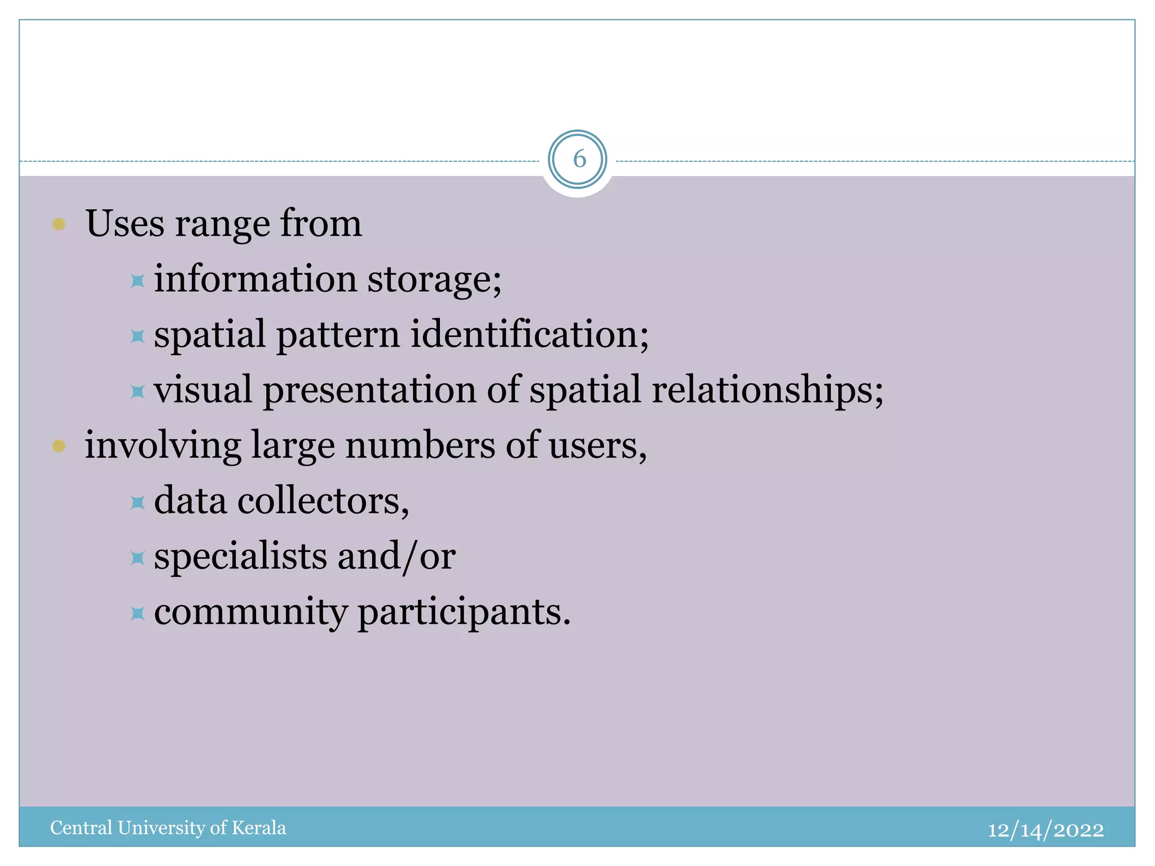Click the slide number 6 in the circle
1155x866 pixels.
click(x=579, y=160)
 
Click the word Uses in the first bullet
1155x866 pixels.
click(x=125, y=224)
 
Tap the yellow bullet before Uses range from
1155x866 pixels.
click(x=59, y=224)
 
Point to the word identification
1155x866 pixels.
click(x=529, y=334)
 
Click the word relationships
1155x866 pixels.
click(x=767, y=390)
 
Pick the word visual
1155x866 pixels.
click(x=203, y=390)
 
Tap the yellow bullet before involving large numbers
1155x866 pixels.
click(x=59, y=447)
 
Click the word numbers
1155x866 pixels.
click(x=420, y=445)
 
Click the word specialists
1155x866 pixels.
click(x=241, y=556)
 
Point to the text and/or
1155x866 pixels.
click(x=396, y=556)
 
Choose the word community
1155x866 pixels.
click(x=251, y=612)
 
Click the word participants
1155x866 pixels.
click(x=464, y=612)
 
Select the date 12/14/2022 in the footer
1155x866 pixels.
click(x=1045, y=830)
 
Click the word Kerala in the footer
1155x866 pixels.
click(x=259, y=828)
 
